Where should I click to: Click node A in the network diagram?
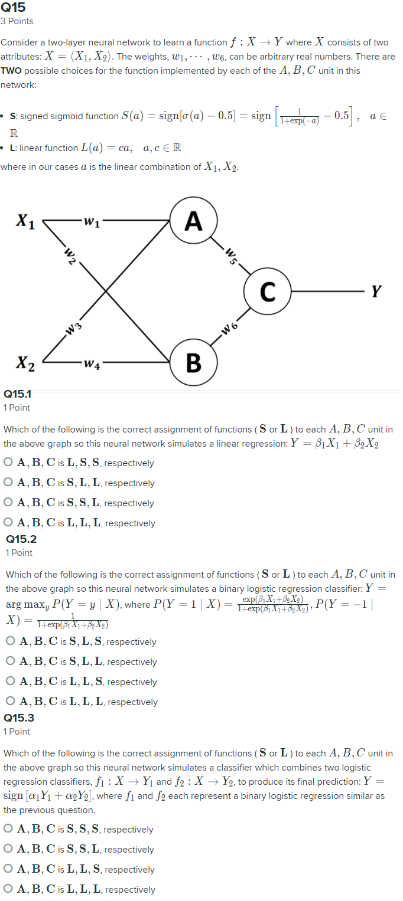click(x=193, y=221)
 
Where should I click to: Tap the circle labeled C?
click(x=267, y=291)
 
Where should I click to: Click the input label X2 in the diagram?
click(x=25, y=362)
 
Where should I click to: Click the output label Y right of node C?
click(x=376, y=291)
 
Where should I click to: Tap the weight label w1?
click(x=92, y=222)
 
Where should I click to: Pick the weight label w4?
click(x=92, y=363)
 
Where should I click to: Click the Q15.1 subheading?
click(x=17, y=394)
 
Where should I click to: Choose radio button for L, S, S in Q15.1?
click(x=8, y=463)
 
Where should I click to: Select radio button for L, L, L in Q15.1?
click(x=8, y=523)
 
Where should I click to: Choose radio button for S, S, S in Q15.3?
click(x=8, y=829)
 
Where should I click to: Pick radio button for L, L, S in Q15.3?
click(x=8, y=869)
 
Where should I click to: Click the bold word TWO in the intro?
click(x=11, y=70)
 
